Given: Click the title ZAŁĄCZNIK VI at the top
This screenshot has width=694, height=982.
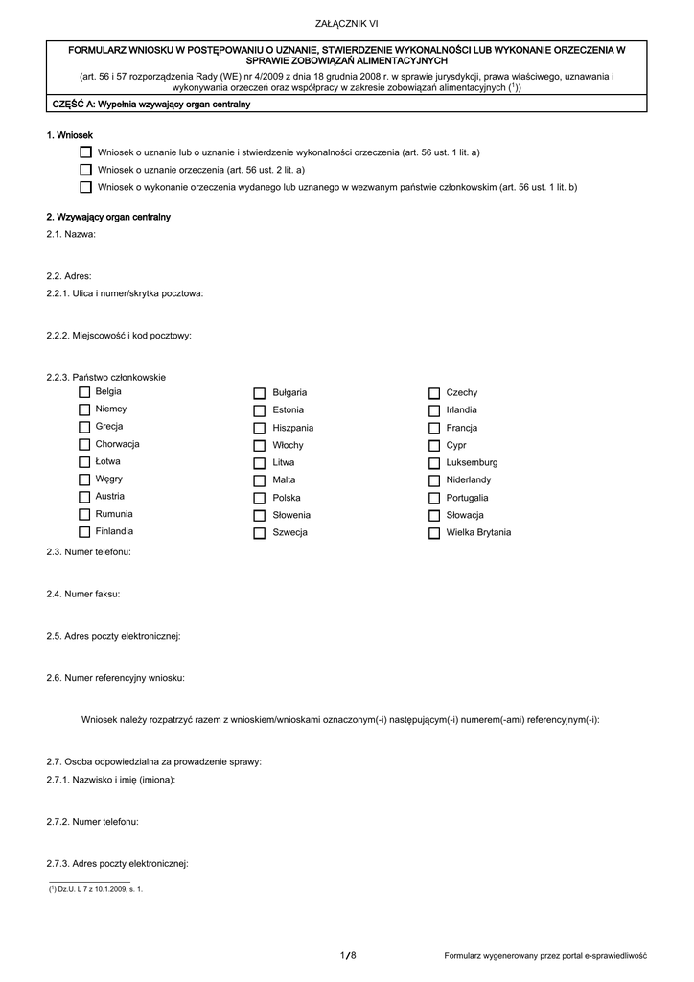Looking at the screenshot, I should pyautogui.click(x=346, y=23).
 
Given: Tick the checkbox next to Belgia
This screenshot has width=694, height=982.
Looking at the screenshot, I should pyautogui.click(x=84, y=392).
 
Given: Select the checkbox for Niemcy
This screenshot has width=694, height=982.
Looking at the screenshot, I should pyautogui.click(x=84, y=409).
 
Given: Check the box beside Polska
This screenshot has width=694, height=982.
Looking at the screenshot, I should pyautogui.click(x=259, y=499).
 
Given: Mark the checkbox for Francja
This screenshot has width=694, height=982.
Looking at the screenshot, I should pyautogui.click(x=434, y=428).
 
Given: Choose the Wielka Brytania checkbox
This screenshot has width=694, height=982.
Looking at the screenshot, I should pyautogui.click(x=434, y=533).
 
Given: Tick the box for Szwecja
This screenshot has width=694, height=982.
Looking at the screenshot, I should pyautogui.click(x=259, y=533).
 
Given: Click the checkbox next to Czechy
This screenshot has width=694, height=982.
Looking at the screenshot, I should pyautogui.click(x=434, y=393).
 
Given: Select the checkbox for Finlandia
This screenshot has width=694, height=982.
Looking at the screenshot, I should pyautogui.click(x=84, y=532).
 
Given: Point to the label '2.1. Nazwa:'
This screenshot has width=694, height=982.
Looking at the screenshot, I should pyautogui.click(x=71, y=234).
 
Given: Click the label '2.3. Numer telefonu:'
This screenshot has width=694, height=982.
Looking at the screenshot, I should pyautogui.click(x=88, y=552).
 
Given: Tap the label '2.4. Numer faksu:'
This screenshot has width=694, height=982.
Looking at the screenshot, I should pyautogui.click(x=83, y=594).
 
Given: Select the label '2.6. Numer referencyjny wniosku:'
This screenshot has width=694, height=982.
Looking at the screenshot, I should pyautogui.click(x=115, y=677).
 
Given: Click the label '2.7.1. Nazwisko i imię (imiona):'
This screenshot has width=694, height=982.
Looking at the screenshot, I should pyautogui.click(x=110, y=780).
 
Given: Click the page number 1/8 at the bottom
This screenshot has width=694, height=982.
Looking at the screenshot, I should pyautogui.click(x=347, y=955).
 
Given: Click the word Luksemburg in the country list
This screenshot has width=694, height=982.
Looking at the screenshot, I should pyautogui.click(x=472, y=462).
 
